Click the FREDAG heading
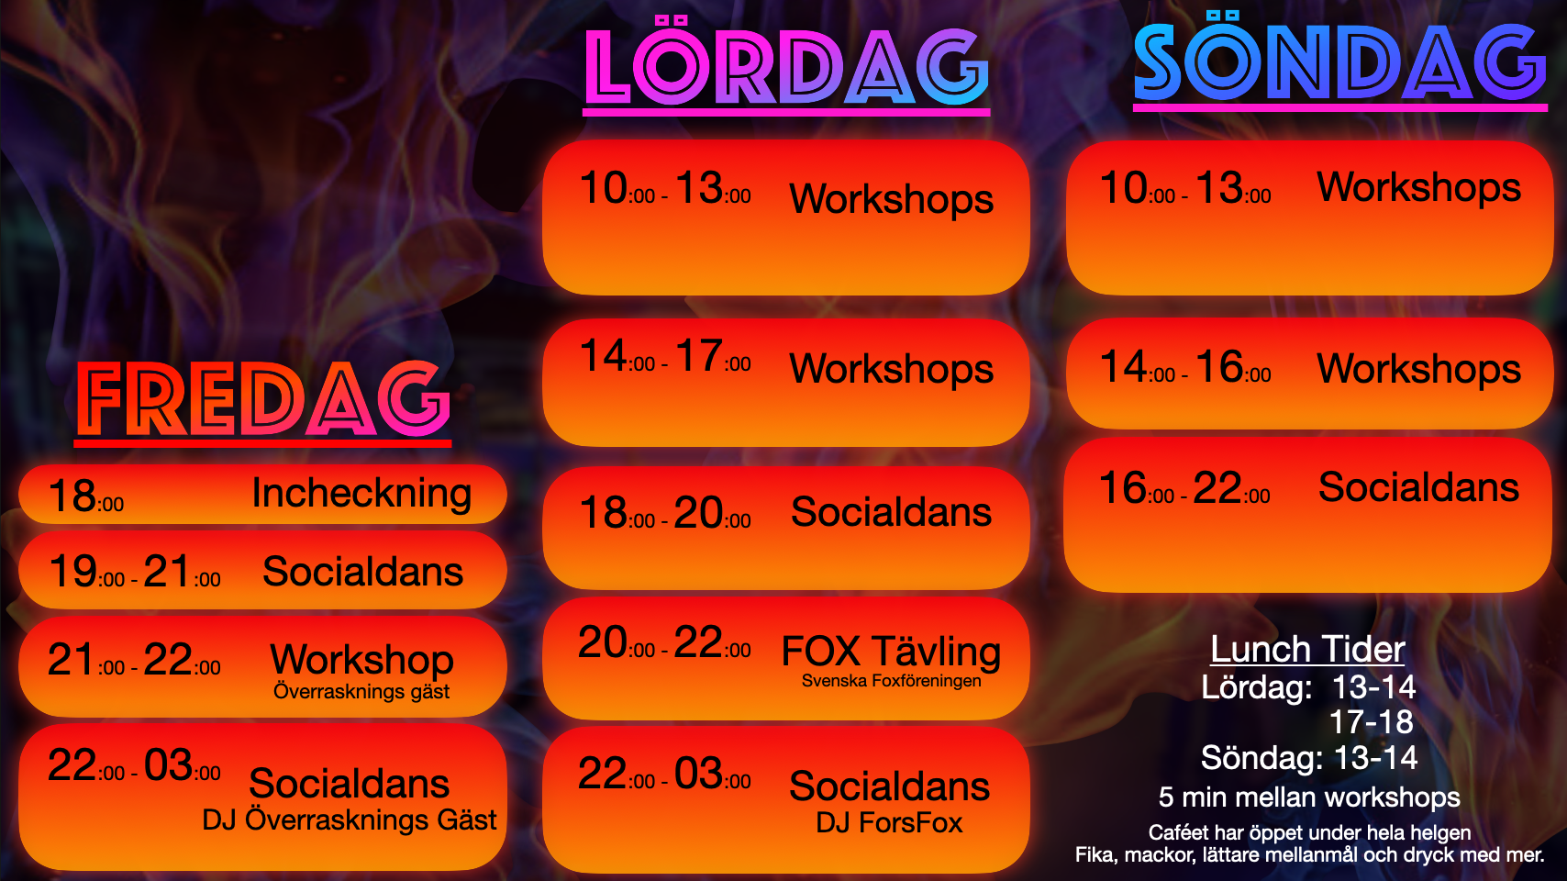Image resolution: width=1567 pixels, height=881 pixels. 263,399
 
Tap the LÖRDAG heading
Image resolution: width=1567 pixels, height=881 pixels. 786,61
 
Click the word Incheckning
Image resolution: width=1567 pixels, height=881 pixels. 361,494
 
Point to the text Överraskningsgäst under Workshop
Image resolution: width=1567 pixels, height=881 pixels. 361,691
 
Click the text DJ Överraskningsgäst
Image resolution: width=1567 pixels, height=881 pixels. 349,820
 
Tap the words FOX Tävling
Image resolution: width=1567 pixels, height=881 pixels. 891,652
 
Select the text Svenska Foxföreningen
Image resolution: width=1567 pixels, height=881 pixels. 891,681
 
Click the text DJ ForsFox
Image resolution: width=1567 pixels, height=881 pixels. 889,823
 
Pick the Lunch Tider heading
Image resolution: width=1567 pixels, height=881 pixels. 1308,650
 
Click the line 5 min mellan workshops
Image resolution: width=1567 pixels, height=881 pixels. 1309,797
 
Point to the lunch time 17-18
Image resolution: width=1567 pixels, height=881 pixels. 1371,722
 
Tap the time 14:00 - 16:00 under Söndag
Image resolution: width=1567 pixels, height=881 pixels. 1185,367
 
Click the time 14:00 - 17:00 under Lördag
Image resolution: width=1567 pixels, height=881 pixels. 665,356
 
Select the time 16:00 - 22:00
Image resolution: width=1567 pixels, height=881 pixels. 1184,487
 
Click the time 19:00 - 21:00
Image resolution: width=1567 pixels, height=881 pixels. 134,572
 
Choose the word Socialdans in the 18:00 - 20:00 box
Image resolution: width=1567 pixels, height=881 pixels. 891,512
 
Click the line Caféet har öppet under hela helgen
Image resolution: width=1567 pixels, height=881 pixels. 1309,832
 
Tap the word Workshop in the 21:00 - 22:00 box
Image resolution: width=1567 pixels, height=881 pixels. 361,660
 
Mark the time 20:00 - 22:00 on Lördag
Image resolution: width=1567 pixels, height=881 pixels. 664,642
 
